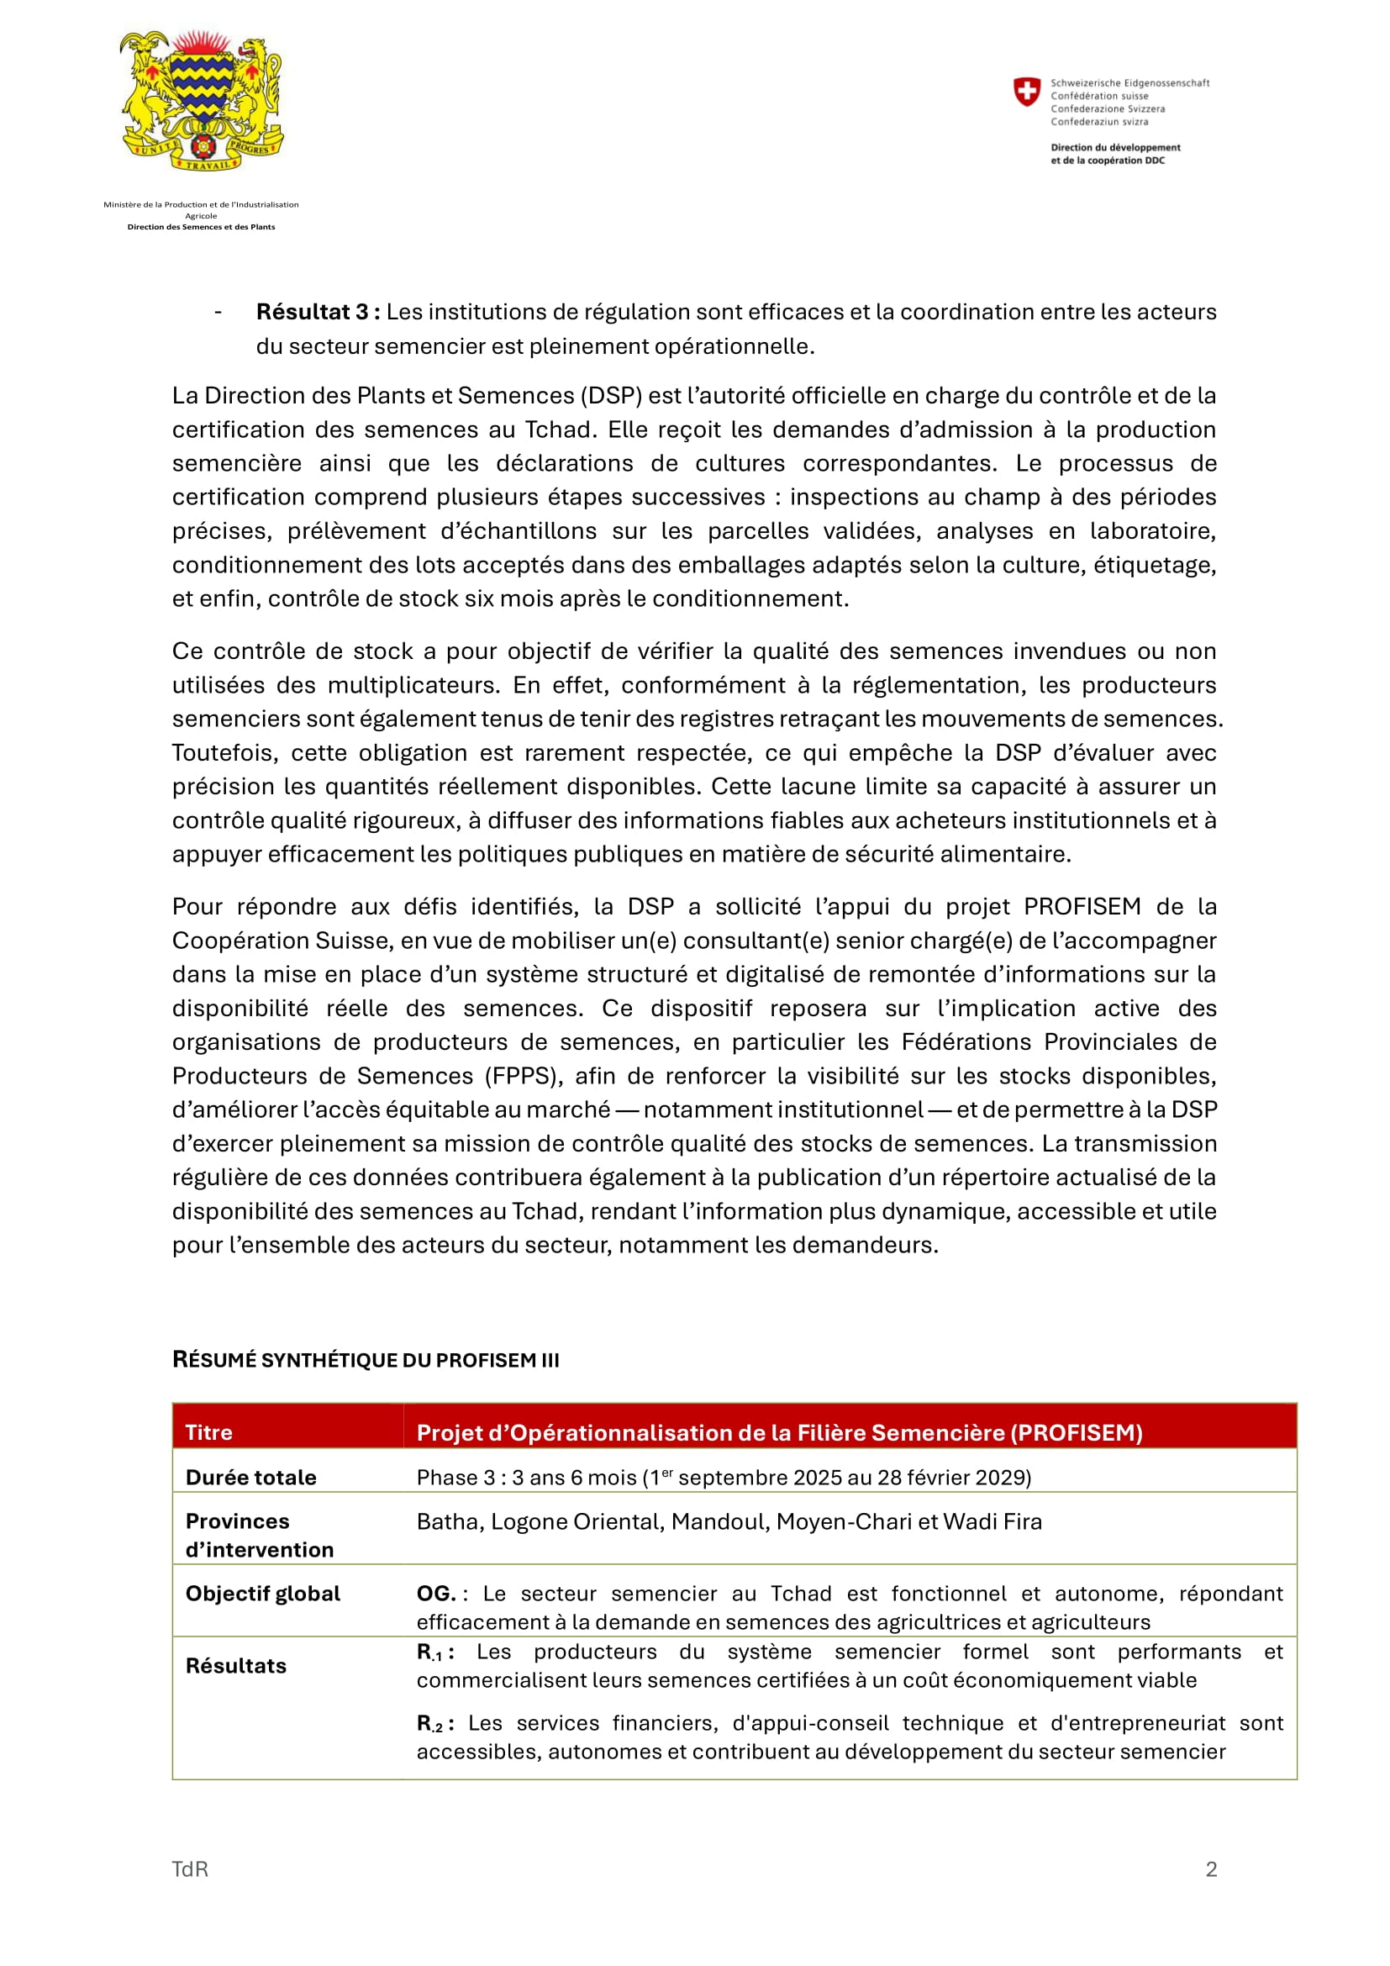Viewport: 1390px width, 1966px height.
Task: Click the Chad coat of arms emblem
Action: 202,101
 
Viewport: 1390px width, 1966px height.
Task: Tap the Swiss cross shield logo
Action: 1026,92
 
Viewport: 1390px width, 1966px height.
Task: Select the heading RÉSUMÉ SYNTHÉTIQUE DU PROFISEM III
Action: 366,1360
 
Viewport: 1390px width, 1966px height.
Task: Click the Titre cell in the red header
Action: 209,1432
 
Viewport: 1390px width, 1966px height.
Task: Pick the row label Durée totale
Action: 250,1477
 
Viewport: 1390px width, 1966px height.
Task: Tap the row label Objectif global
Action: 263,1594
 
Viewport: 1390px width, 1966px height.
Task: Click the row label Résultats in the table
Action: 236,1665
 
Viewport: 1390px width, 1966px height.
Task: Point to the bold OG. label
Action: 436,1594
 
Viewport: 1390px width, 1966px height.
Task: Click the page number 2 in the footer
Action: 1211,1869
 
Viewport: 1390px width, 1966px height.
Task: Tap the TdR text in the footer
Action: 190,1869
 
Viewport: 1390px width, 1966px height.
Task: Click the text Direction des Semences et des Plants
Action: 201,227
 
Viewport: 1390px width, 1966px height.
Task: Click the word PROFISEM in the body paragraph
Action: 1082,907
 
